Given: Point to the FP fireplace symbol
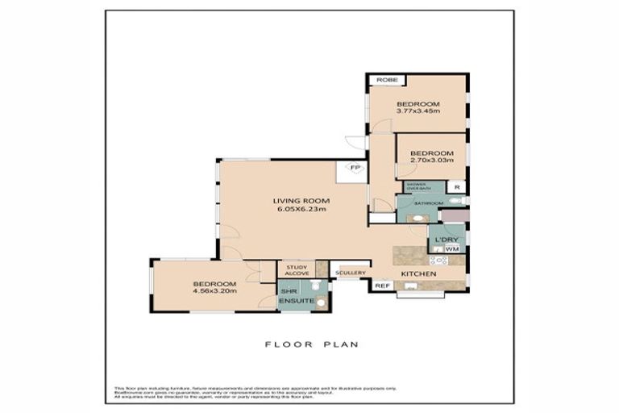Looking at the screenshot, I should tap(354, 168).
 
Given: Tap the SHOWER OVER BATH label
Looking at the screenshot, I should tap(421, 186).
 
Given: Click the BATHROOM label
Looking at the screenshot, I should tap(428, 203).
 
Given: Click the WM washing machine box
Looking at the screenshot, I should tap(451, 249).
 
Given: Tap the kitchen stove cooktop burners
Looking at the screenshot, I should tap(439, 260).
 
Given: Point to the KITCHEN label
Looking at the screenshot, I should tap(419, 274).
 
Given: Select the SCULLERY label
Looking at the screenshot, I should tap(351, 273).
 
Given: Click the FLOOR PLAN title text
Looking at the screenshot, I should tap(312, 344).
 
